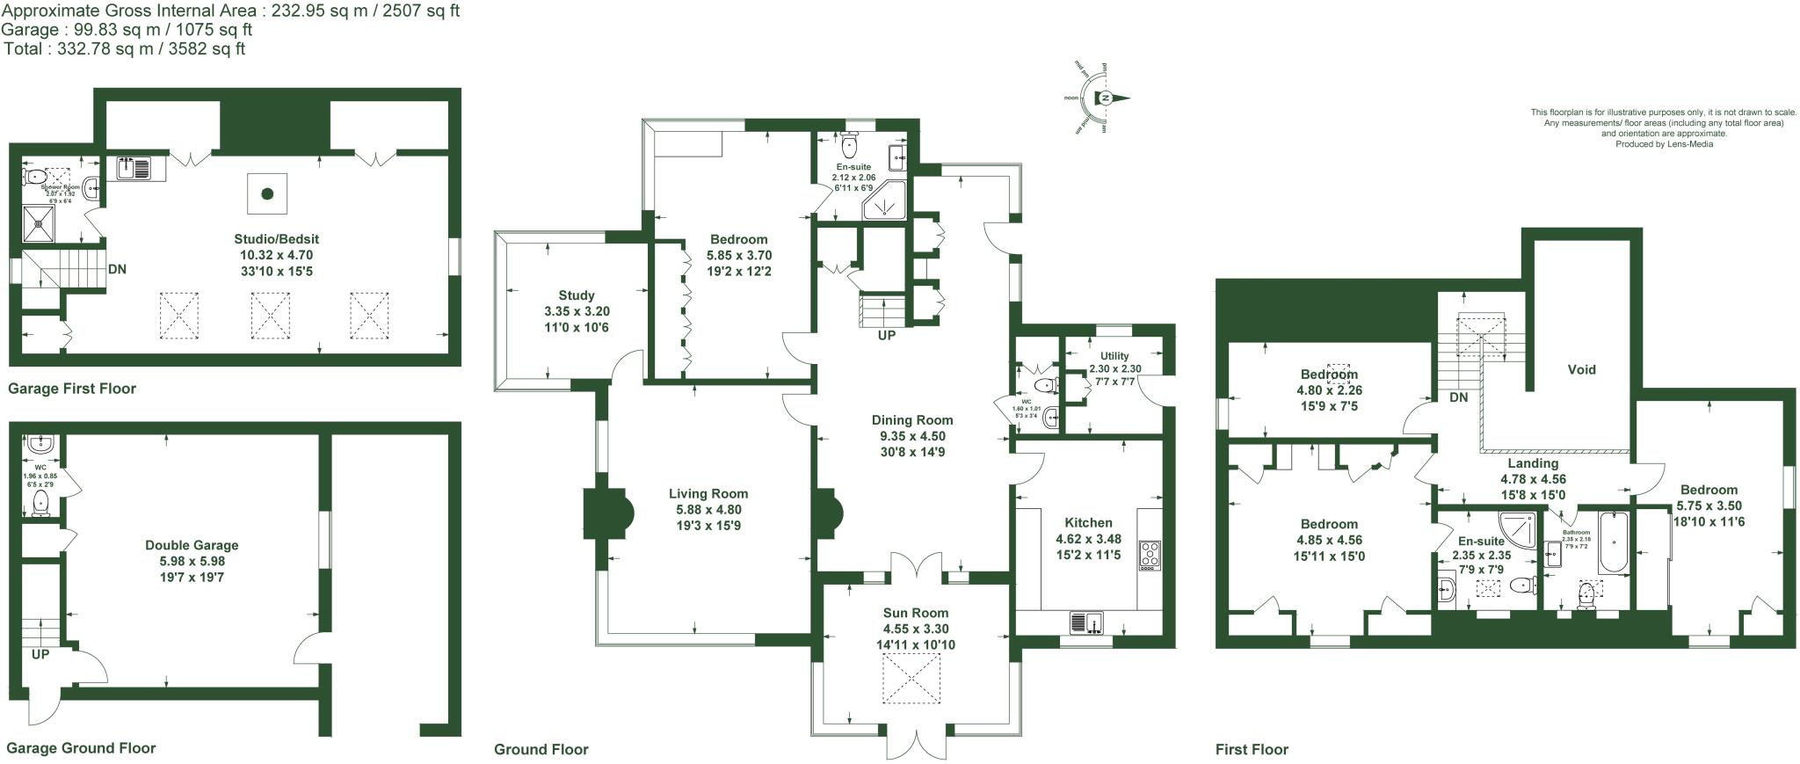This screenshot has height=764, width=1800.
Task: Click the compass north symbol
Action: (x=1106, y=98)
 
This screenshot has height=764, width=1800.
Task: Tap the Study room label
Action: (x=577, y=295)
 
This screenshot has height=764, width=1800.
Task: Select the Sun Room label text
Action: (x=916, y=613)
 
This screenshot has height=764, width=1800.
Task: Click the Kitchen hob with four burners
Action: (x=1150, y=554)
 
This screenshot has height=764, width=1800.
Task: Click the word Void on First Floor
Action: (x=1581, y=369)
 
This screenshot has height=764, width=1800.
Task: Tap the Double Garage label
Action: (x=192, y=545)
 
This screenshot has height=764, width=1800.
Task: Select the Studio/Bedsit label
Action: (x=277, y=239)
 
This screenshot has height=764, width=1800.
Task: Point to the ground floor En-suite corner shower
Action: (x=882, y=203)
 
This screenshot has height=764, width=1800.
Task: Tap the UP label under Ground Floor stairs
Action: (x=886, y=335)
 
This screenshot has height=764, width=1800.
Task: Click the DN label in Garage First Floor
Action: (x=116, y=269)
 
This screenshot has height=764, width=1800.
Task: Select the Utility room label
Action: (x=1114, y=356)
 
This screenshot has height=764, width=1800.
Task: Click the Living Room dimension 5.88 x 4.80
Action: (x=708, y=510)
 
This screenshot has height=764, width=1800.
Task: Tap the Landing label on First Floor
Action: (x=1533, y=463)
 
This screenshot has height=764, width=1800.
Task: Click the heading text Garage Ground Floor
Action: (x=81, y=748)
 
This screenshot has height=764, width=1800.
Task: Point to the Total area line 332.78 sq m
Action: (x=124, y=49)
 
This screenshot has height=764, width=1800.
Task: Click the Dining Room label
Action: (x=912, y=420)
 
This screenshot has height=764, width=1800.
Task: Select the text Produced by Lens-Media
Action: (x=1664, y=144)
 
